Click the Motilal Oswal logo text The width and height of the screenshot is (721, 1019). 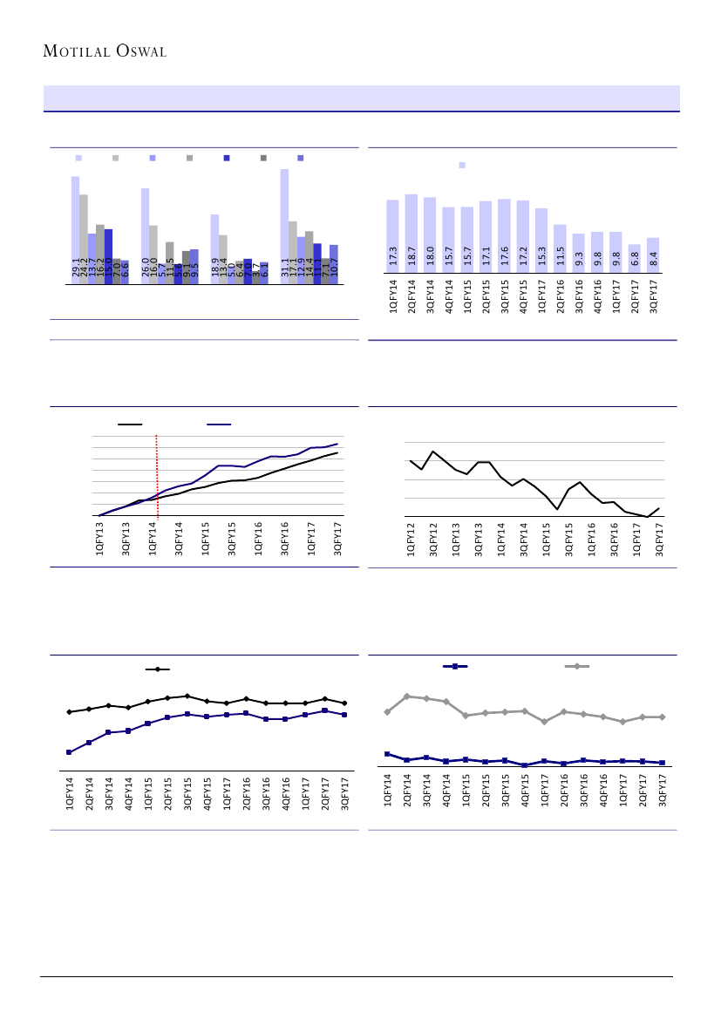coord(105,51)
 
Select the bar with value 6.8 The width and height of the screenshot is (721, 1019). coord(634,259)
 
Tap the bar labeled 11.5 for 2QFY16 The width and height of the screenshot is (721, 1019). coord(560,248)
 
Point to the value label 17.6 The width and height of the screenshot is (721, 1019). coord(504,259)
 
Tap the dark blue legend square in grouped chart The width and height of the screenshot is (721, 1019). coord(227,158)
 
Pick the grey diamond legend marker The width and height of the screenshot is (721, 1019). coord(576,667)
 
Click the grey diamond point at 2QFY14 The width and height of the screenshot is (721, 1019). coord(407,696)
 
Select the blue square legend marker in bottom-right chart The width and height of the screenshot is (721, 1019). coord(455,667)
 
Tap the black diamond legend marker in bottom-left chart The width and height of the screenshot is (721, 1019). coord(158,669)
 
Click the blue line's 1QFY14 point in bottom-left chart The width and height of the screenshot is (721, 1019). coord(69,751)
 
